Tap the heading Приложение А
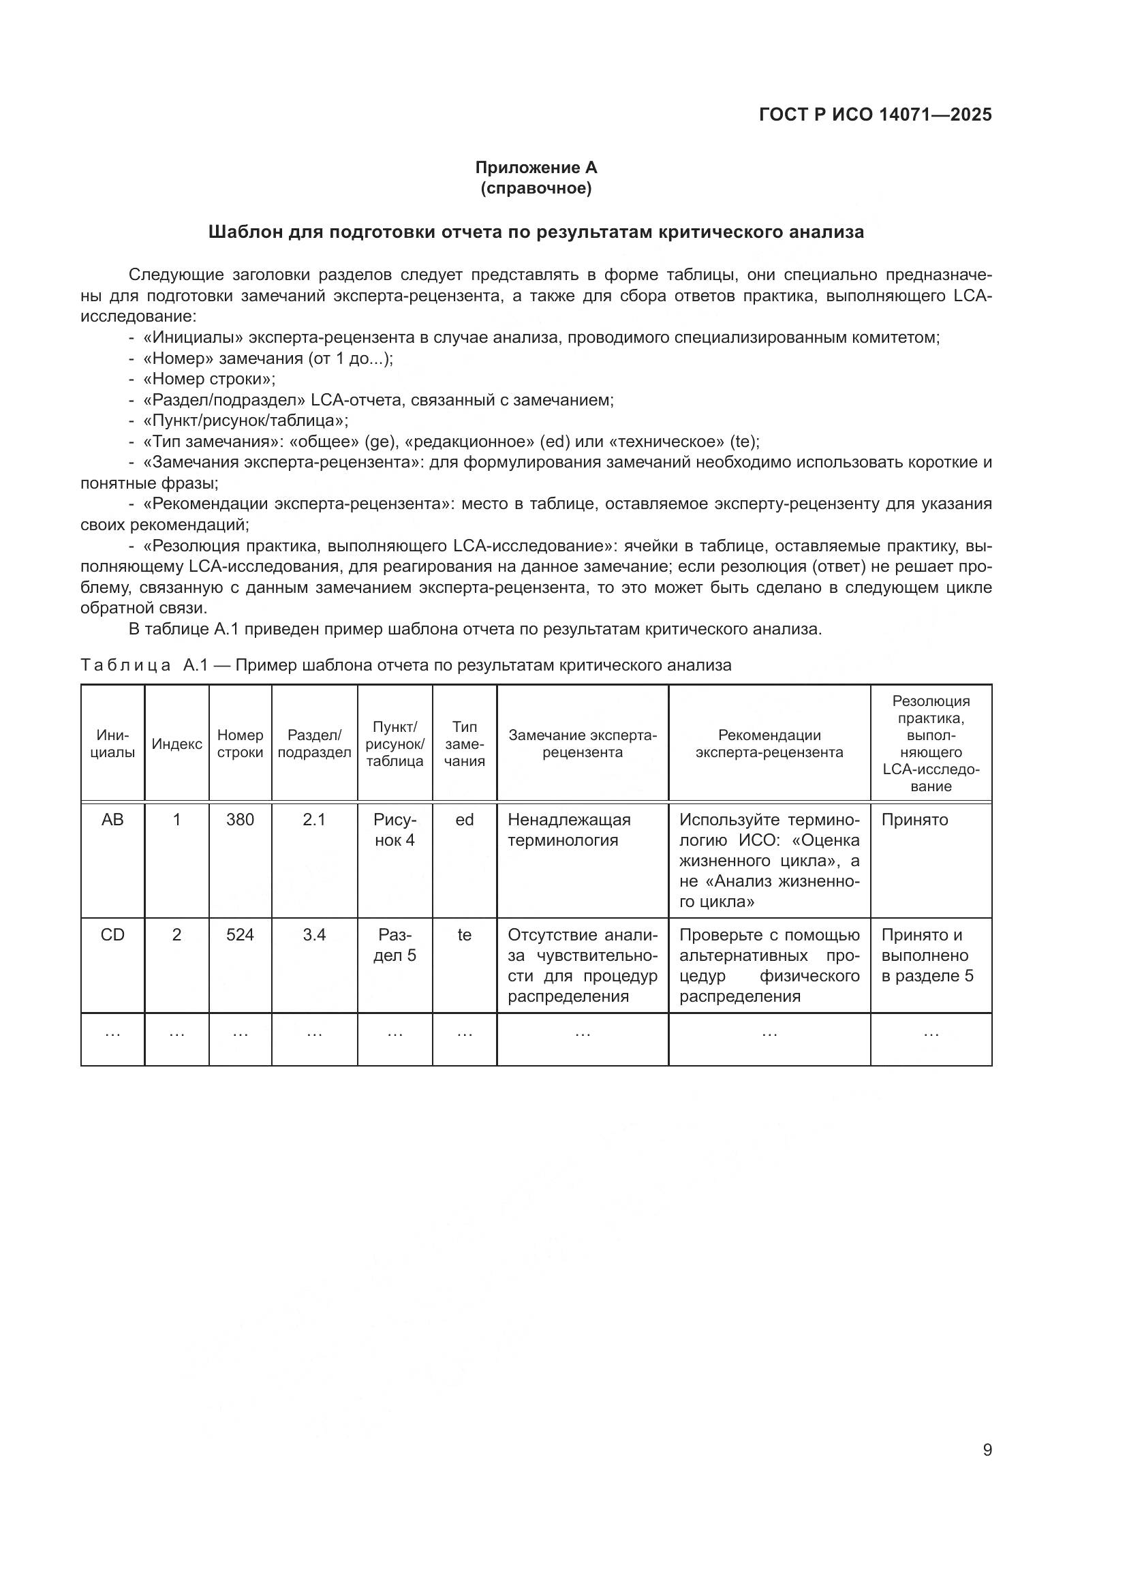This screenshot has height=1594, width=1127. point(536,168)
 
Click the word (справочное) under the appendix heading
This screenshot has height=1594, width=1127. point(536,188)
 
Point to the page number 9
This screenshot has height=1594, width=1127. point(987,1450)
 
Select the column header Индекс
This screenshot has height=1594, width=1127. point(177,744)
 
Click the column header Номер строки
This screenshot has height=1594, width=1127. point(240,744)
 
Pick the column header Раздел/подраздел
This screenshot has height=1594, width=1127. point(314,744)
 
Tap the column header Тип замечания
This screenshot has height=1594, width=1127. point(464,744)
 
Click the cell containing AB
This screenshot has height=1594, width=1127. point(112,820)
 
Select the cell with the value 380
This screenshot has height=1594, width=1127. point(240,820)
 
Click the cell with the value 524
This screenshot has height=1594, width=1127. point(240,935)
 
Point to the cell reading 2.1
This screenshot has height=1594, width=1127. point(314,820)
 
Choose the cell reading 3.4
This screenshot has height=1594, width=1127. point(314,935)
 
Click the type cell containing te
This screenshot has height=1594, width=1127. point(464,935)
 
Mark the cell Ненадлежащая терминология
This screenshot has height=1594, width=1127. point(569,830)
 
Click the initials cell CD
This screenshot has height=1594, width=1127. point(112,935)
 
